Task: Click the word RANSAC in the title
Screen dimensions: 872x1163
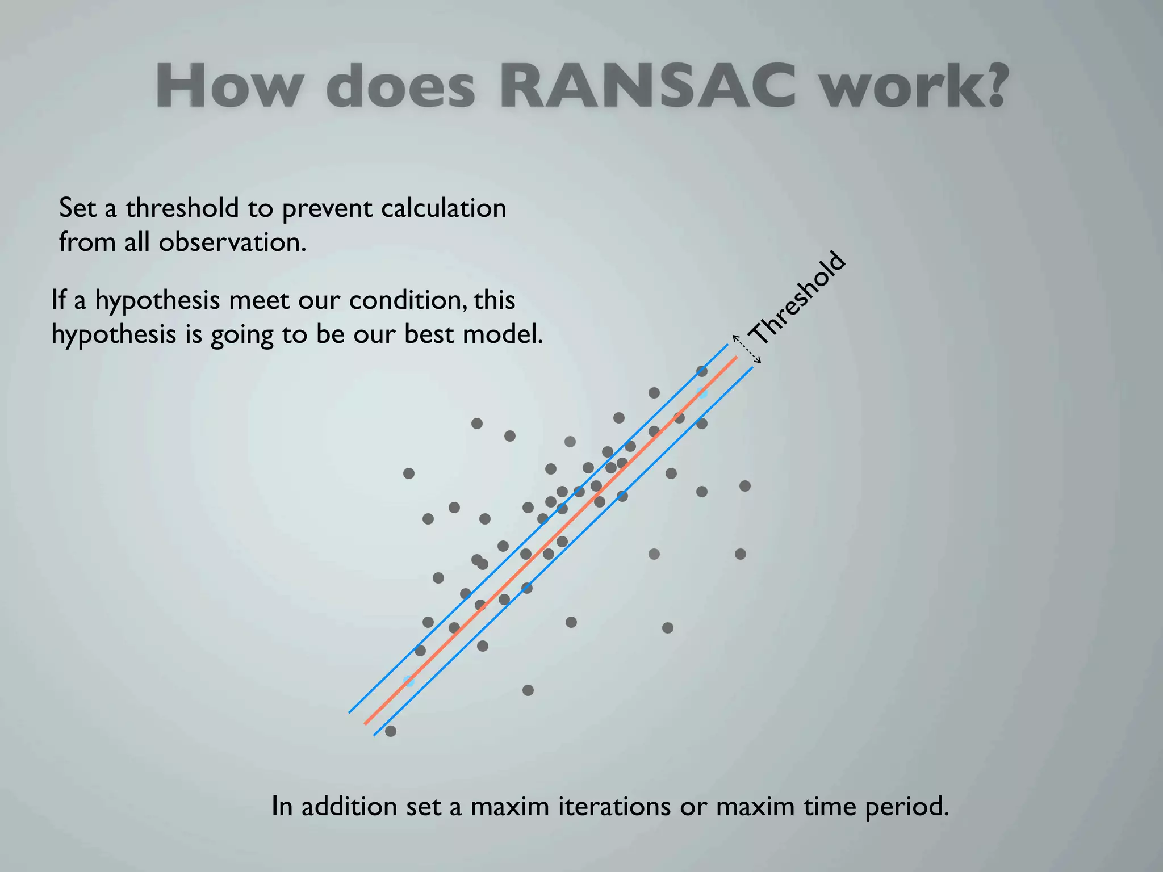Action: click(647, 86)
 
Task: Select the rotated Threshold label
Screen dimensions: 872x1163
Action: click(797, 297)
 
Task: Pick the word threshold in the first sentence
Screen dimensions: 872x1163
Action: click(182, 208)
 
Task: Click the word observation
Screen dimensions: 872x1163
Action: click(232, 242)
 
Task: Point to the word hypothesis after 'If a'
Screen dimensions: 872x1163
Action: click(157, 300)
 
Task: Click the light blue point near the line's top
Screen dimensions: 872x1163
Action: click(702, 392)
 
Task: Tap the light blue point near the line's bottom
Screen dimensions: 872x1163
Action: click(408, 680)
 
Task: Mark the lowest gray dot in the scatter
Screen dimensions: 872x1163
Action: click(391, 731)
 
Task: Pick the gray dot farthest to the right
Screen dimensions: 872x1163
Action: click(745, 486)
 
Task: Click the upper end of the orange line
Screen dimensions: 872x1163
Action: click(736, 357)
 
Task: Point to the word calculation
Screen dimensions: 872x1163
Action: click(443, 208)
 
